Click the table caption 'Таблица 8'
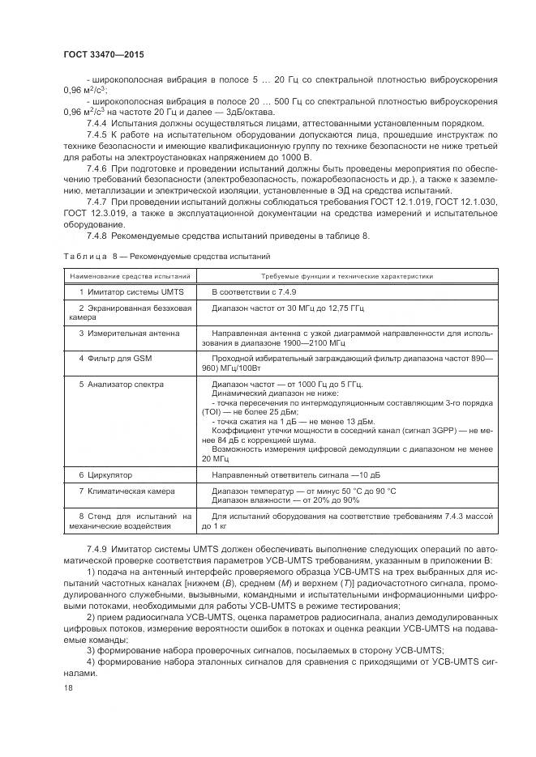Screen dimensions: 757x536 pos(86,256)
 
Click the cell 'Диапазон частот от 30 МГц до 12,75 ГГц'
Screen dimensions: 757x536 pos(284,308)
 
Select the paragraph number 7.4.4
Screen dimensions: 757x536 pos(96,122)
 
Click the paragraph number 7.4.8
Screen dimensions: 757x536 pos(96,236)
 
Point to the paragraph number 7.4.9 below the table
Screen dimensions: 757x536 pos(96,551)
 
